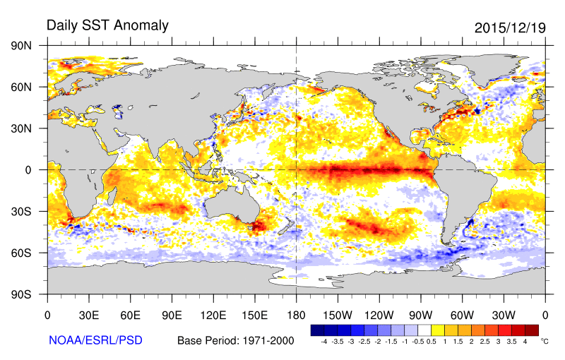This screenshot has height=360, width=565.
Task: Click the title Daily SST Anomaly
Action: click(107, 25)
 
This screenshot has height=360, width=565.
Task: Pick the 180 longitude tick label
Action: click(296, 314)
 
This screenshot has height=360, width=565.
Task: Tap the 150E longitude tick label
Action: click(254, 314)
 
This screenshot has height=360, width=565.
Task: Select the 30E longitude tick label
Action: click(88, 314)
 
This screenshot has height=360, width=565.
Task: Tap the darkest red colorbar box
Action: click(532, 330)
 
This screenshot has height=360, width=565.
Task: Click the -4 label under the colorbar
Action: click(323, 341)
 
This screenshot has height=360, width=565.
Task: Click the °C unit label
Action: click(545, 341)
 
